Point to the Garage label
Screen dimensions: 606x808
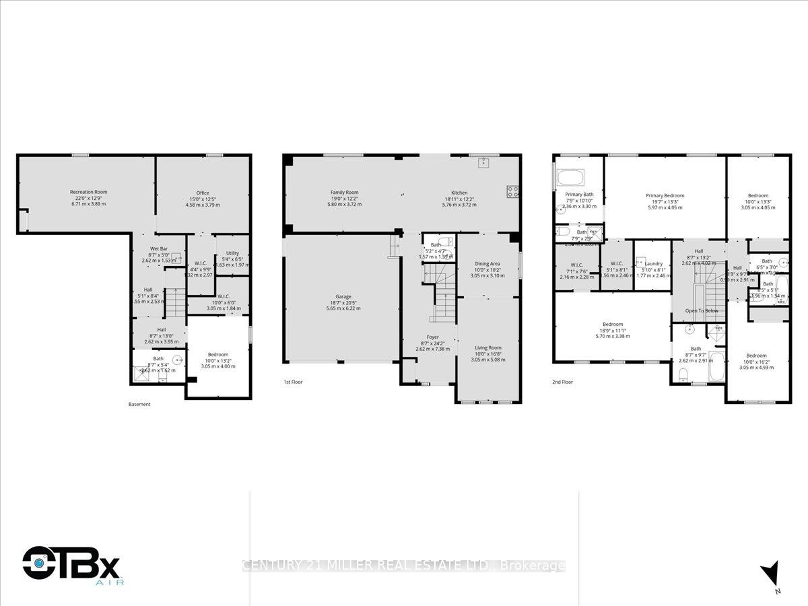(x=343, y=297)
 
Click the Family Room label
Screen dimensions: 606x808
(x=344, y=193)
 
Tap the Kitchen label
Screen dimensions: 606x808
(x=459, y=193)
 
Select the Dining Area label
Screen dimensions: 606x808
(x=487, y=265)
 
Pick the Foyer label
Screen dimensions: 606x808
(x=432, y=337)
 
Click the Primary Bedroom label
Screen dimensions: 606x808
(x=665, y=195)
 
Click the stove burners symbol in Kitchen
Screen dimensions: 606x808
(x=513, y=191)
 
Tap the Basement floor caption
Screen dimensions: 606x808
(x=139, y=404)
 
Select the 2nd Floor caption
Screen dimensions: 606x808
(x=562, y=381)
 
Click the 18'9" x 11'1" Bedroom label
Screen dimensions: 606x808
(x=612, y=324)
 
